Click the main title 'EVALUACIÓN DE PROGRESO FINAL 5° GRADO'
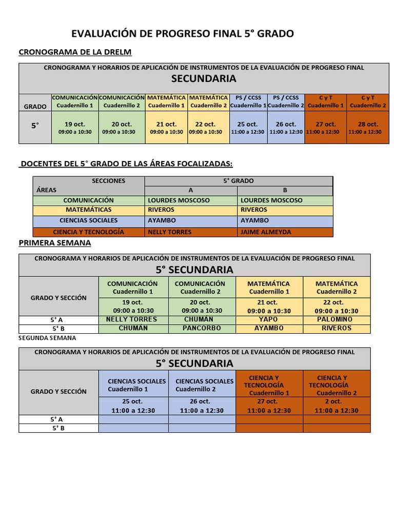click(183, 34)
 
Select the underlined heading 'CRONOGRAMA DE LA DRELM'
click(75, 52)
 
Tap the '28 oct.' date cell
click(368, 128)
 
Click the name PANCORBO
click(202, 328)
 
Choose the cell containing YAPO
click(269, 319)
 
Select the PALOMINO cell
click(336, 319)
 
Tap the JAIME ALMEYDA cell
click(265, 232)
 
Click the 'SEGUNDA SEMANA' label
click(47, 338)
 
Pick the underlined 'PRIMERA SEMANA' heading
click(54, 243)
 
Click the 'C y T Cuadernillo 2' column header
click(368, 102)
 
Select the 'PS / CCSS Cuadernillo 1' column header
click(248, 102)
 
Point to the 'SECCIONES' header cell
click(108, 180)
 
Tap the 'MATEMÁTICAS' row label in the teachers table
click(88, 210)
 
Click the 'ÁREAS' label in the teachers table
click(47, 190)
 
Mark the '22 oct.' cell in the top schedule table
click(206, 128)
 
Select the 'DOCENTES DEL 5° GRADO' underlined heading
click(126, 164)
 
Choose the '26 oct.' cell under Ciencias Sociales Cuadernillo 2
click(202, 406)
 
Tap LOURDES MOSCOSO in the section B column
click(271, 200)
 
